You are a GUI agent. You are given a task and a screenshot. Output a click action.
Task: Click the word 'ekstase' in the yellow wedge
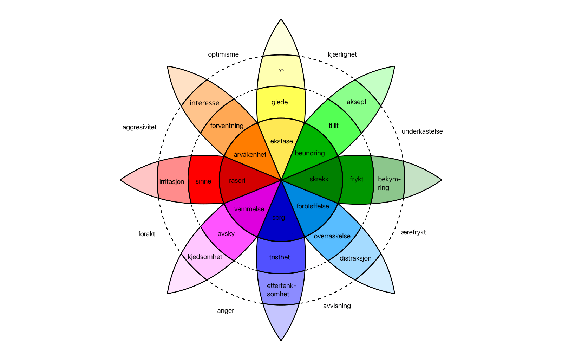(281, 141)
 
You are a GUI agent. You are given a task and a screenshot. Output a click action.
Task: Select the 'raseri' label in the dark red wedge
(237, 181)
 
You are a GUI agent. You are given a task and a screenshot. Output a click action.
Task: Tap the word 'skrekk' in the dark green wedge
(319, 179)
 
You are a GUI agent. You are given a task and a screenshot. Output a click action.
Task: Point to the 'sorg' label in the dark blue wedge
(279, 218)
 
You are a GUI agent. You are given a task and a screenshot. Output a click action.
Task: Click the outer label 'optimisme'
(223, 54)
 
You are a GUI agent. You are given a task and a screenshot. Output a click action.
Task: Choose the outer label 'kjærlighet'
(342, 54)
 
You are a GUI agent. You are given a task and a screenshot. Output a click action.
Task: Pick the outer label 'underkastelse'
(422, 131)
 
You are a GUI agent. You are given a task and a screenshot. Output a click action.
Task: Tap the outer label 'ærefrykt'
(413, 232)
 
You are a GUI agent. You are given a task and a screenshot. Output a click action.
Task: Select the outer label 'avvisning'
(337, 306)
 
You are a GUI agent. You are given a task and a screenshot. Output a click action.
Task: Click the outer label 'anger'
(226, 311)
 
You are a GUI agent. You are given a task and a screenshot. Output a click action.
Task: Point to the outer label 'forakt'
(147, 234)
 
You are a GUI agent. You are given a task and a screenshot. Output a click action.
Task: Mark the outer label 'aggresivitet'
(139, 127)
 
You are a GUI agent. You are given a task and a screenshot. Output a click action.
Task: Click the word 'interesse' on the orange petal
(204, 103)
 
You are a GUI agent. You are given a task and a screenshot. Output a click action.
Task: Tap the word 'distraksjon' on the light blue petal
(355, 258)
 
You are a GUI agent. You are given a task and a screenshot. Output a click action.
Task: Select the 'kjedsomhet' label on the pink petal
(205, 257)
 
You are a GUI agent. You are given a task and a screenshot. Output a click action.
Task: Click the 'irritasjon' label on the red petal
(172, 182)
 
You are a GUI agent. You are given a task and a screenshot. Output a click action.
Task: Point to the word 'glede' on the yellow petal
(280, 102)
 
